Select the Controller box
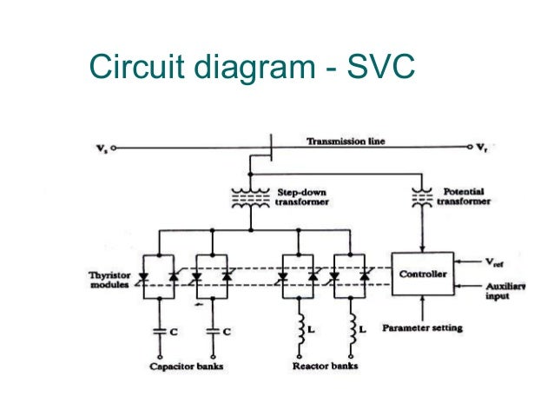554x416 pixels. point(422,274)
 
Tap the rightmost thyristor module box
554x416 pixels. point(352,275)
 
